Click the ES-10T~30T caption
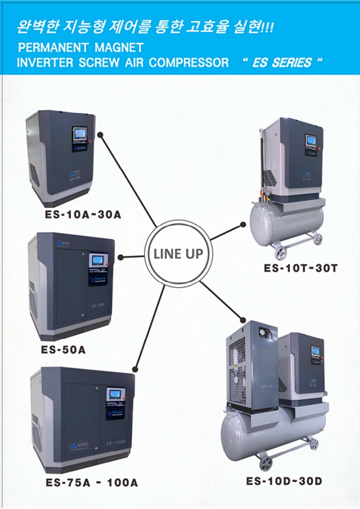(x=301, y=268)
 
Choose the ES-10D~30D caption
(x=284, y=481)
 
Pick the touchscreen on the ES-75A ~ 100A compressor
(x=114, y=394)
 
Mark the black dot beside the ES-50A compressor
(x=121, y=257)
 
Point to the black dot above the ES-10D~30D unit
(x=243, y=320)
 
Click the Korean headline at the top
(x=144, y=29)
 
